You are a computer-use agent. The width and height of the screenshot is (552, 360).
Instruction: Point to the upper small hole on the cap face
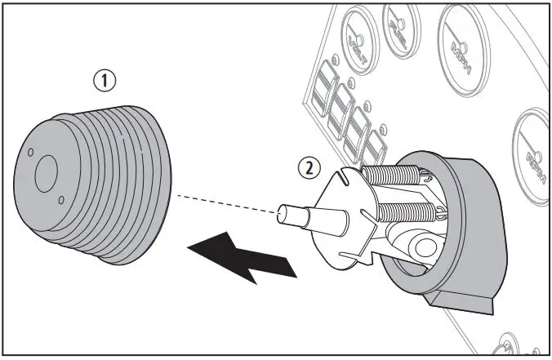30,152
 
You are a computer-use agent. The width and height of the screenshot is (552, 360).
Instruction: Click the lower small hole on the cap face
61,198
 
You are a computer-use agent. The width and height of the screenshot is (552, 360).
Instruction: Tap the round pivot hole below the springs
425,244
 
